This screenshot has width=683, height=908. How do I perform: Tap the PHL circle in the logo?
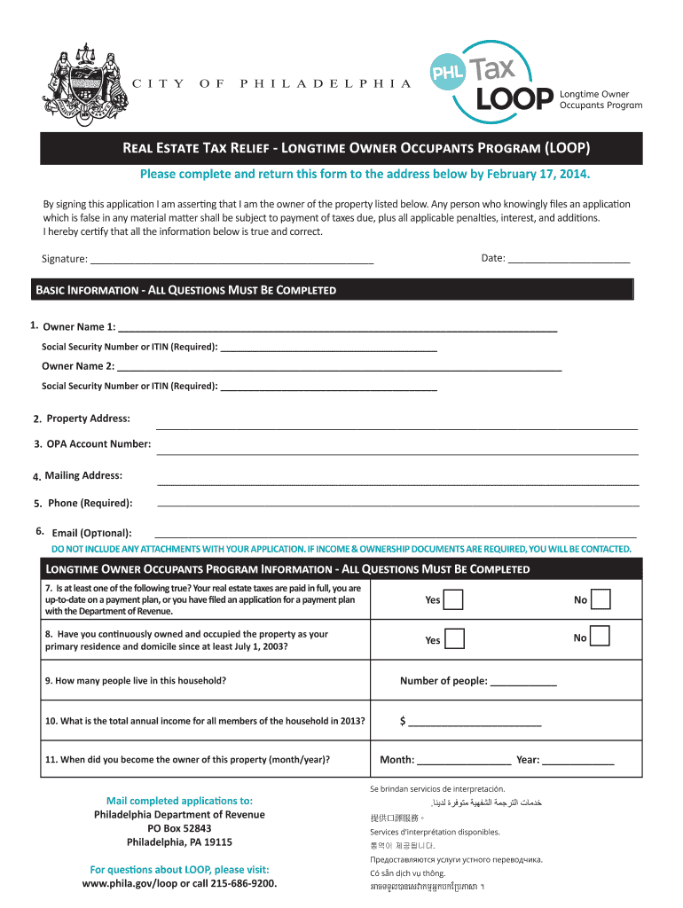point(448,74)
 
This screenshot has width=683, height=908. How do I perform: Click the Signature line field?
point(232,259)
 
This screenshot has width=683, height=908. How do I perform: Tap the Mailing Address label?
point(83,476)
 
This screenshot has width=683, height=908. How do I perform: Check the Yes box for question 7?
point(452,600)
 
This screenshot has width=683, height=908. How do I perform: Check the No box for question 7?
point(601,600)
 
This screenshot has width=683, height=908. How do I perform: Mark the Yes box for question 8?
point(454,638)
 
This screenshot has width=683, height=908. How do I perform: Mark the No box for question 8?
point(601,637)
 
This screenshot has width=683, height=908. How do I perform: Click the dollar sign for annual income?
point(403,722)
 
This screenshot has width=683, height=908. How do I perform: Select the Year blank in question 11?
point(578,760)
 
